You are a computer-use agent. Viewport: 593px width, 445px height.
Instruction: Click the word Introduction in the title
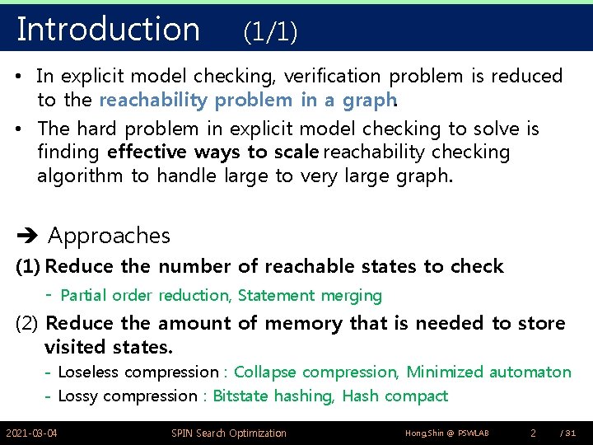(108, 29)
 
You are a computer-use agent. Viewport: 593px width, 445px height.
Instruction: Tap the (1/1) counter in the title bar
(270, 32)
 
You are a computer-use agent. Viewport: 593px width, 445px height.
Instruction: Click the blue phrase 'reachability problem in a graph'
(247, 100)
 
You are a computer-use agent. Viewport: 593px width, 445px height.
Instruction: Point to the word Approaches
(109, 237)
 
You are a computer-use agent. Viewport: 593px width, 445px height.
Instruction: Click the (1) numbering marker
(29, 266)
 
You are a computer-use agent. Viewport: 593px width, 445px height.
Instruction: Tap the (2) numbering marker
(29, 323)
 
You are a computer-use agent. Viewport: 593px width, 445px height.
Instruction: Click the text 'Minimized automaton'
(488, 372)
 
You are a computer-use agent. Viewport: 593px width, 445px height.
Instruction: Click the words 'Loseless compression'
(138, 372)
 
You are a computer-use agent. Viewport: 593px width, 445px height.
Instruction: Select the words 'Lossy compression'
(128, 396)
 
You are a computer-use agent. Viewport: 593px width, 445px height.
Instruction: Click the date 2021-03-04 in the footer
(32, 433)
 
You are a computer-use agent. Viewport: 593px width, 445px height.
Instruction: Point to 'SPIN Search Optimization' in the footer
(229, 433)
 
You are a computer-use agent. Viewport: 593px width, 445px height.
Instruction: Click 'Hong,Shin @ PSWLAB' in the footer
(447, 433)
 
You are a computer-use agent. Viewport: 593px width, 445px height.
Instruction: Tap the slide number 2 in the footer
(533, 433)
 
